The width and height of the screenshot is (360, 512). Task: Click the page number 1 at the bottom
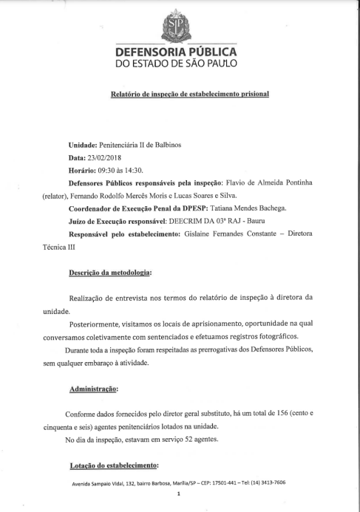179,494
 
